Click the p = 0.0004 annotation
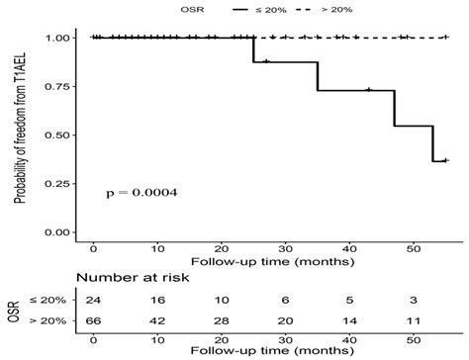(141, 193)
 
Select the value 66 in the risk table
(93, 321)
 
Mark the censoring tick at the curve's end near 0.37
(445, 160)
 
